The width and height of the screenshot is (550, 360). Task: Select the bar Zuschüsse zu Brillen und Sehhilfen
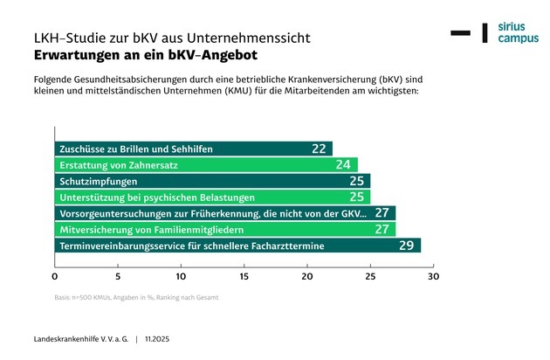pos(193,149)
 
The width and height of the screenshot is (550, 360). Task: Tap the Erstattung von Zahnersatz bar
pos(206,164)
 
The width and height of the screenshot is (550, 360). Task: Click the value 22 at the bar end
pos(319,149)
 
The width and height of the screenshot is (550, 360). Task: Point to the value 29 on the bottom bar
pos(406,246)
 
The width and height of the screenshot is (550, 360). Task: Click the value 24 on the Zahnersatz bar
pos(343,164)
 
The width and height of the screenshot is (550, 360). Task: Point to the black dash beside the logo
pos(460,33)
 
